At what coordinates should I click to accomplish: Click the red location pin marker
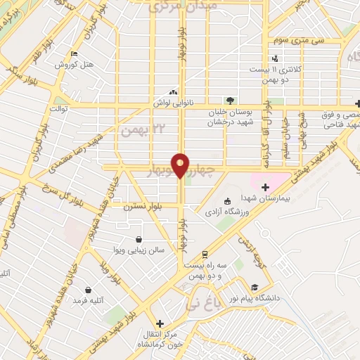click(181, 165)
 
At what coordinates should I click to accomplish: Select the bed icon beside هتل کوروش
click(75, 53)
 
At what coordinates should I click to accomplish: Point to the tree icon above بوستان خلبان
click(230, 100)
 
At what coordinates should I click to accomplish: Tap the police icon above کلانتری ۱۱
click(275, 58)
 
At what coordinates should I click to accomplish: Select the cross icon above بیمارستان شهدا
click(265, 187)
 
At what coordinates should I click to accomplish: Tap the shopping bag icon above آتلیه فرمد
click(88, 289)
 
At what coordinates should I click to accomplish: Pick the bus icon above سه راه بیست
click(204, 254)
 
